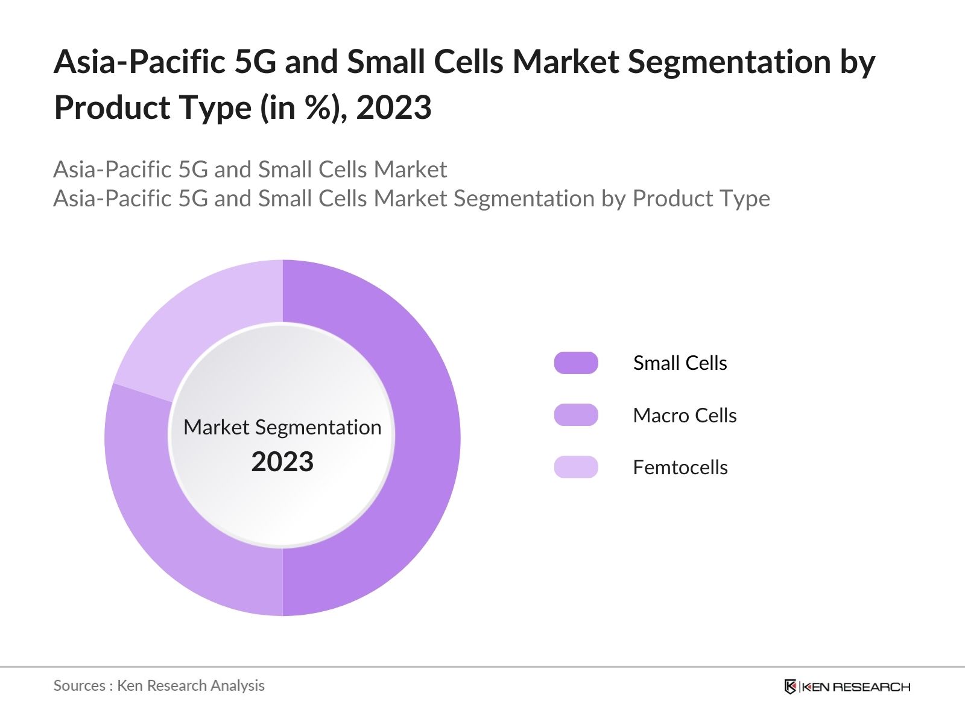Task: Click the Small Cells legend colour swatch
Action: point(576,363)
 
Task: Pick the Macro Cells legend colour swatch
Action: point(576,415)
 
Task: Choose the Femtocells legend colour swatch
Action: point(576,467)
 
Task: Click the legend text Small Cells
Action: point(680,363)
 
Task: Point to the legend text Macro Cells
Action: point(685,415)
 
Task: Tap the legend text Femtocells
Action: point(680,468)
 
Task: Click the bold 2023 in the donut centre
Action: point(282,462)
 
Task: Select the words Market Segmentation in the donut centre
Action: point(282,427)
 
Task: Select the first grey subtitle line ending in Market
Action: point(250,170)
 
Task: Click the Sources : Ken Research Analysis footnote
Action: point(159,685)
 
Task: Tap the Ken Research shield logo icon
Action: point(790,687)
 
